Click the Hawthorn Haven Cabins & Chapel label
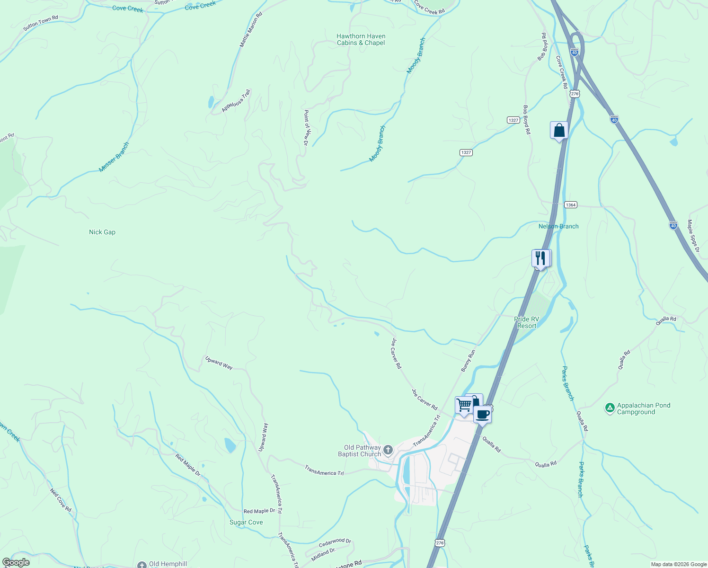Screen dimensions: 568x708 coord(361,39)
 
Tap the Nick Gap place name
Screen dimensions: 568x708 coord(102,232)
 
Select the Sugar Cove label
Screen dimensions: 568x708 coord(246,522)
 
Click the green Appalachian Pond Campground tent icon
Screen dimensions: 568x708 coord(610,407)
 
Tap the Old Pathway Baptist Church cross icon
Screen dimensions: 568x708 coord(388,450)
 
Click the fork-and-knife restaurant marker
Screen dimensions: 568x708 coord(540,258)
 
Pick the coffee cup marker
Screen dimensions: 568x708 coord(482,414)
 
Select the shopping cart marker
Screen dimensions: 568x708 coord(464,405)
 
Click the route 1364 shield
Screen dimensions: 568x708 coord(570,205)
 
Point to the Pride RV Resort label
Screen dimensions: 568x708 coord(527,322)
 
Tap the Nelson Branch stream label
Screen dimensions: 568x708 coord(558,226)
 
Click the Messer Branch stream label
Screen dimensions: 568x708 coord(114,157)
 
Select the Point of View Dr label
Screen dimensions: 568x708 coord(306,127)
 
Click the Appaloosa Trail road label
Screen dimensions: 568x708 coord(236,101)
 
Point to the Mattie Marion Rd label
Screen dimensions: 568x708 coord(251,30)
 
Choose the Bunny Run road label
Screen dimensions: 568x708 coord(468,360)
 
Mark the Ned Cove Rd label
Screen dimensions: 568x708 coord(61,500)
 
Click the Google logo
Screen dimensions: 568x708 coord(16,562)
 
